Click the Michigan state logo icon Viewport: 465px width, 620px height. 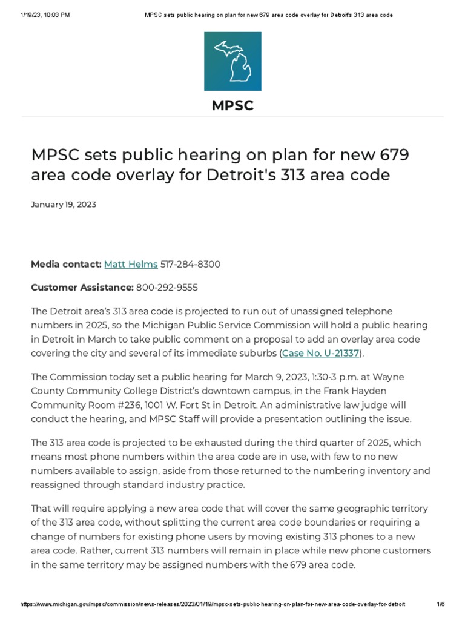coord(232,61)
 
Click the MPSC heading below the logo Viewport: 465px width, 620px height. coord(232,106)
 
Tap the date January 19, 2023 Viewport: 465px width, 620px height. coord(64,205)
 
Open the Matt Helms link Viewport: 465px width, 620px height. coord(131,264)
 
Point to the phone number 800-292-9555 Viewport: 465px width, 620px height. coord(167,287)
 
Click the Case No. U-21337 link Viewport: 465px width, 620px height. coord(321,353)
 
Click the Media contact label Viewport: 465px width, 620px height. coord(66,264)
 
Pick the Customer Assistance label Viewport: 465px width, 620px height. coord(82,287)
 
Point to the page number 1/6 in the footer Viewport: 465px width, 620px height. coord(440,605)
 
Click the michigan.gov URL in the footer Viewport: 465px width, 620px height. coord(213,605)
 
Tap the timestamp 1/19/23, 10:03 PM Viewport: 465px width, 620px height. coord(45,15)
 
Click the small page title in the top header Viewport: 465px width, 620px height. coord(269,15)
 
